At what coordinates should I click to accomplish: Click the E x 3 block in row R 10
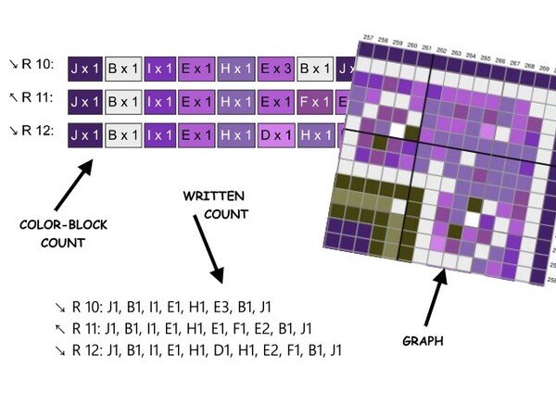[x=276, y=69]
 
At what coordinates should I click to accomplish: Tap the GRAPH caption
[x=423, y=341]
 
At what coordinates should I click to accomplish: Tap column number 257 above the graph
[x=368, y=37]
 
